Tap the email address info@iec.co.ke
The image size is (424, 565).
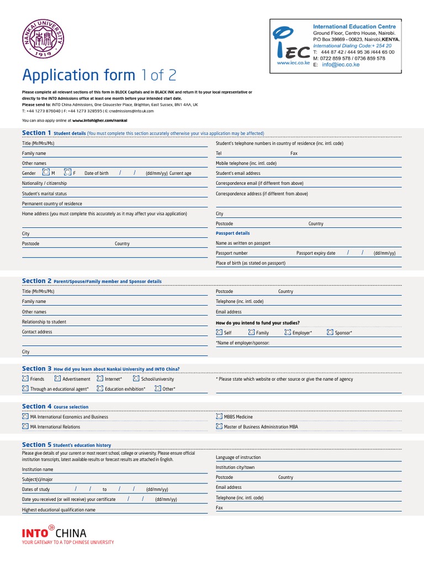tap(341, 65)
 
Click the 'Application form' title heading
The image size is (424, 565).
tap(78, 75)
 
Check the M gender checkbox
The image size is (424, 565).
tap(46, 173)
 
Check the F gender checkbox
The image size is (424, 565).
tap(67, 173)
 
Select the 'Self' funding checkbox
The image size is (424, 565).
tap(219, 333)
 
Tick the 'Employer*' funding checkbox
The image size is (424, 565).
tap(287, 333)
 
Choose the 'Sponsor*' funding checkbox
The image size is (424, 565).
tap(330, 333)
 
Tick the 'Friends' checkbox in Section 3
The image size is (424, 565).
tap(25, 379)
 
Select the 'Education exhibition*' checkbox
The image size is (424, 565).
tap(100, 389)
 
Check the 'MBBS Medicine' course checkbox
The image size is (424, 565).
tap(219, 417)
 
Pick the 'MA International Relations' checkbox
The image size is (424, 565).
tap(25, 427)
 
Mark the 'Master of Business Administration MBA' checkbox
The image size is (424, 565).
tap(219, 427)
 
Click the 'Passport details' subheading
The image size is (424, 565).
tap(232, 233)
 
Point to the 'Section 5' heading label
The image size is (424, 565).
tap(36, 445)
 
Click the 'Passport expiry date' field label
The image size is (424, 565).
tap(316, 253)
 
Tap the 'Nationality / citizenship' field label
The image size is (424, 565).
tap(44, 183)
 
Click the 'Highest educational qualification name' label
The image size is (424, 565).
tap(59, 510)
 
